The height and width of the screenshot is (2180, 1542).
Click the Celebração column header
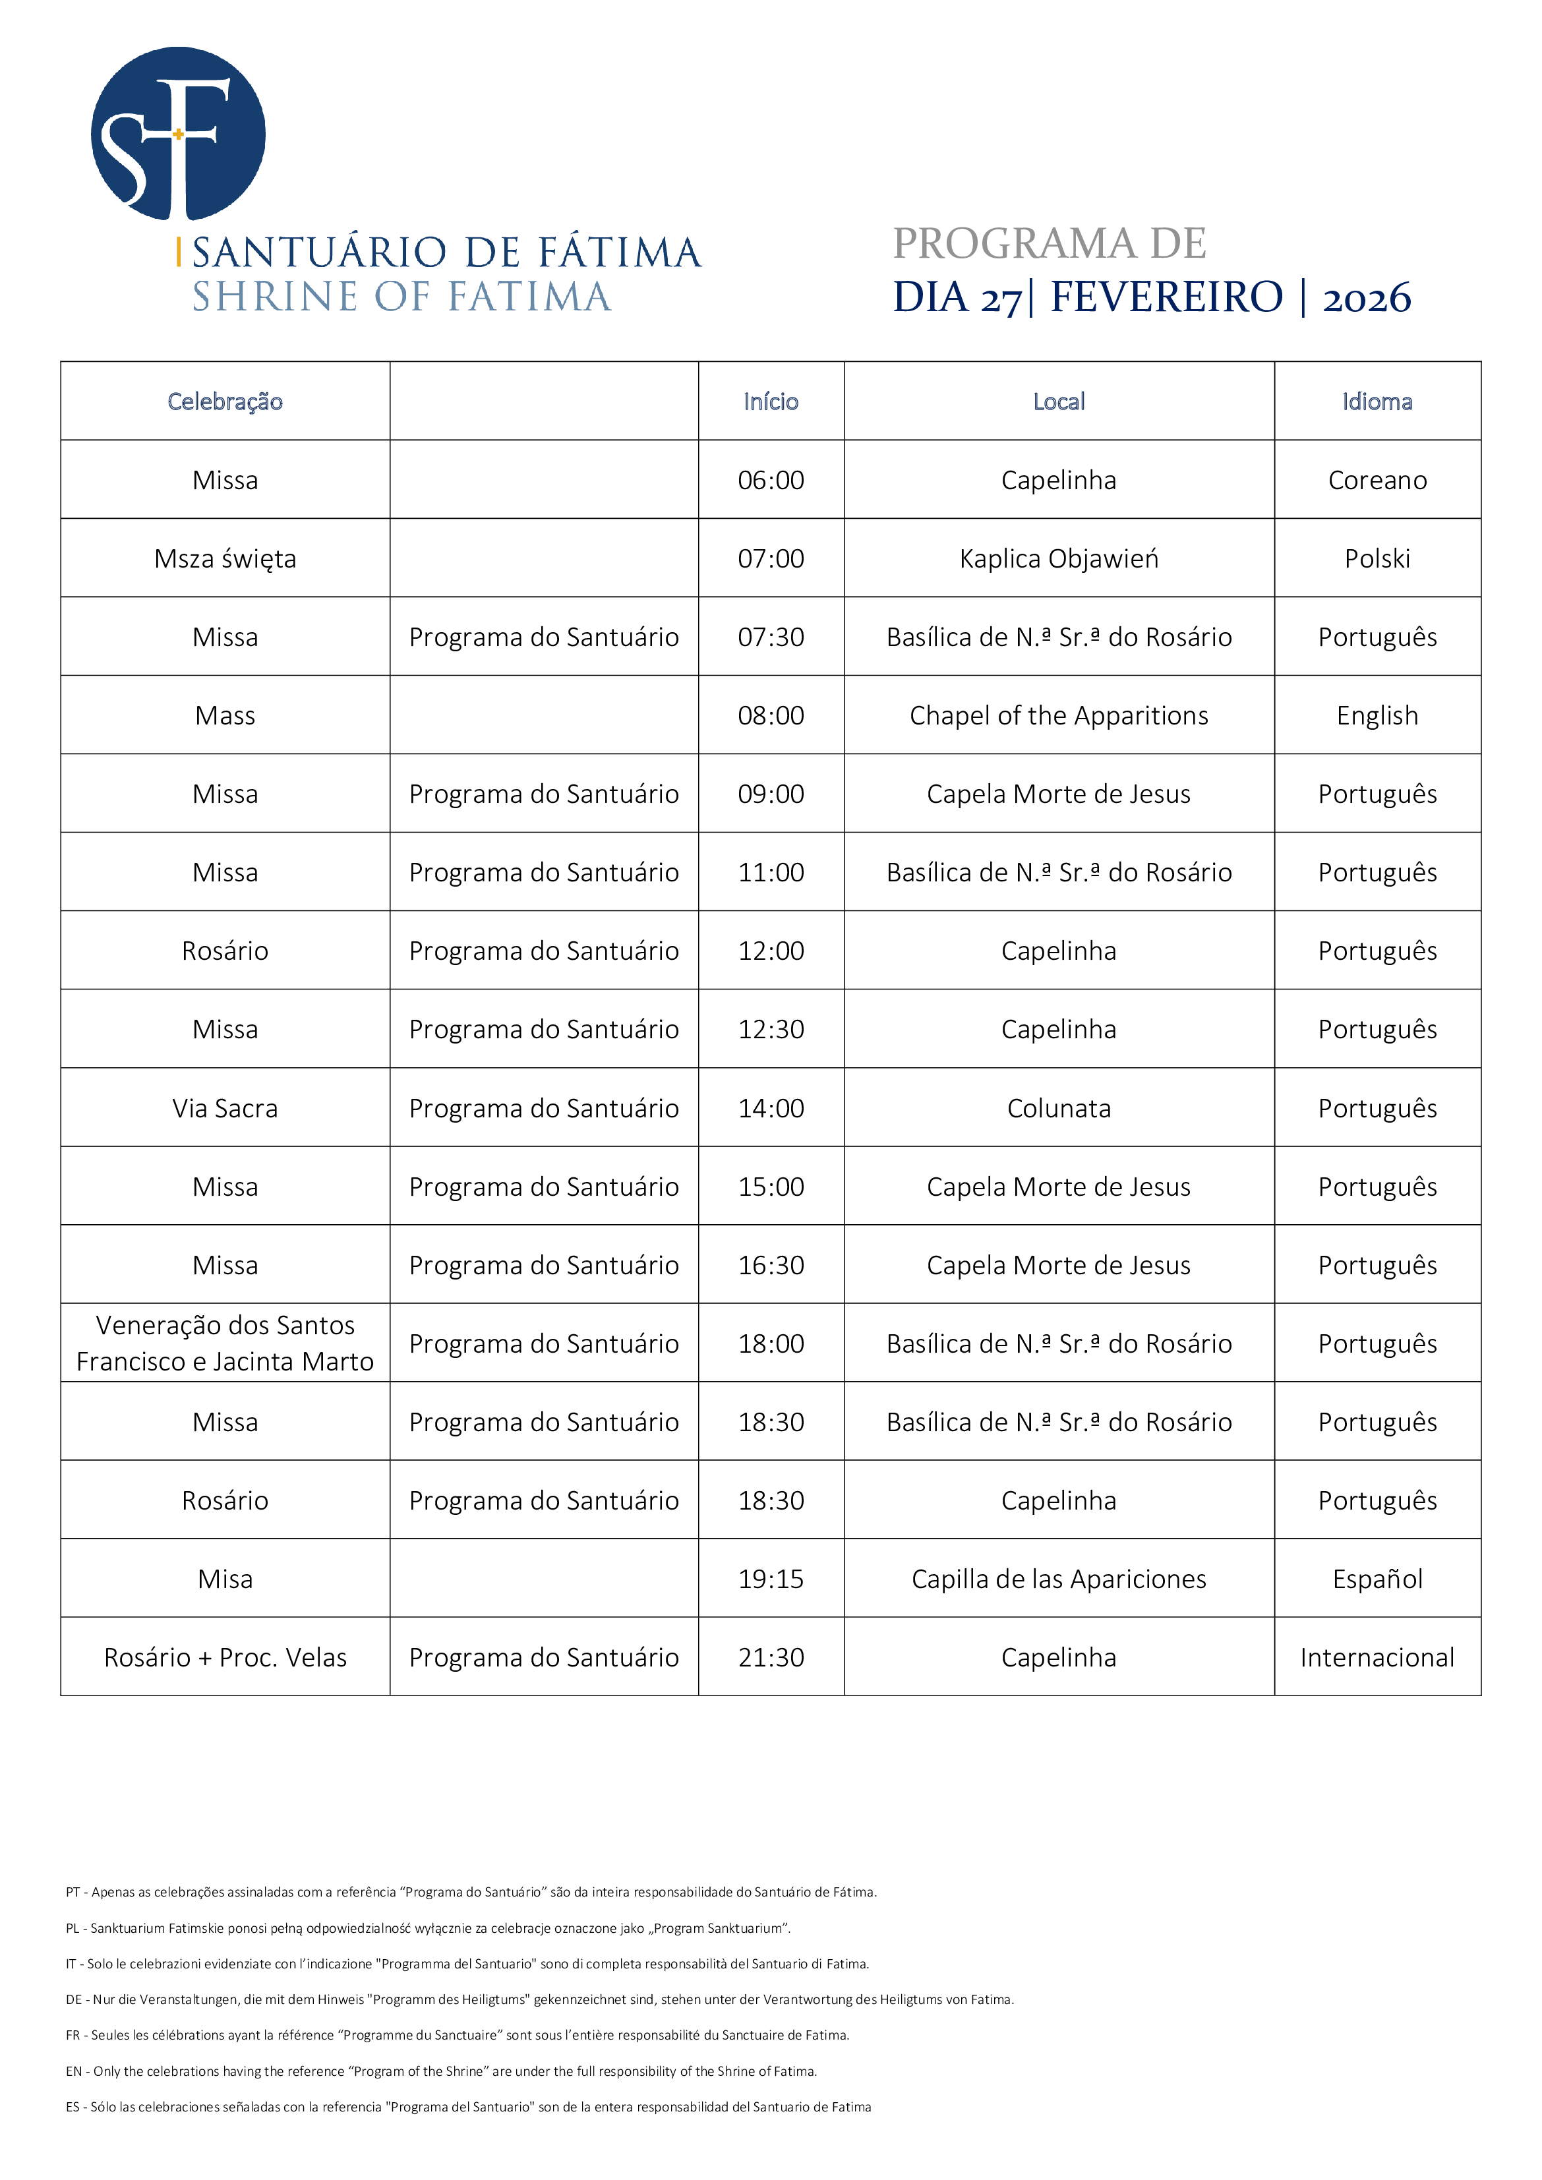pyautogui.click(x=225, y=401)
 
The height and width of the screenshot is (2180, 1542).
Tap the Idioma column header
pyautogui.click(x=1377, y=401)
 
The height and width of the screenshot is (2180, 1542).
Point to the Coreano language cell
pyautogui.click(x=1377, y=481)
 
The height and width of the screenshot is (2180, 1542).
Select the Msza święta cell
pyautogui.click(x=225, y=559)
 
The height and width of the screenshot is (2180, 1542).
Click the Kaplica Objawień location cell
pyautogui.click(x=1059, y=559)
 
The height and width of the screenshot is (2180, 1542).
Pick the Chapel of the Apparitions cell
pyautogui.click(x=1059, y=716)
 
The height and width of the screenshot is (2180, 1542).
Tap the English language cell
pyautogui.click(x=1377, y=716)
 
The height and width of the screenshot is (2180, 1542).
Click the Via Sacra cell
pyautogui.click(x=225, y=1109)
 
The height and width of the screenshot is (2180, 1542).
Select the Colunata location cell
pyautogui.click(x=1059, y=1109)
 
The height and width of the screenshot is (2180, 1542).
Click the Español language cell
pyautogui.click(x=1377, y=1579)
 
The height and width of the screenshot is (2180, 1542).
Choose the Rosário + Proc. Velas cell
pyautogui.click(x=225, y=1658)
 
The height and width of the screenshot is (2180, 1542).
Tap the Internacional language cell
pyautogui.click(x=1377, y=1658)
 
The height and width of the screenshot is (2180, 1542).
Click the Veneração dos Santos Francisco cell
pyautogui.click(x=225, y=1343)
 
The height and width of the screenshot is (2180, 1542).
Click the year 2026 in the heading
pyautogui.click(x=1367, y=298)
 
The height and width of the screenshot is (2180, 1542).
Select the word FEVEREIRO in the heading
pyautogui.click(x=1166, y=297)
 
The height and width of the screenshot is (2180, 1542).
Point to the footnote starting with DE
pyautogui.click(x=539, y=1999)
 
